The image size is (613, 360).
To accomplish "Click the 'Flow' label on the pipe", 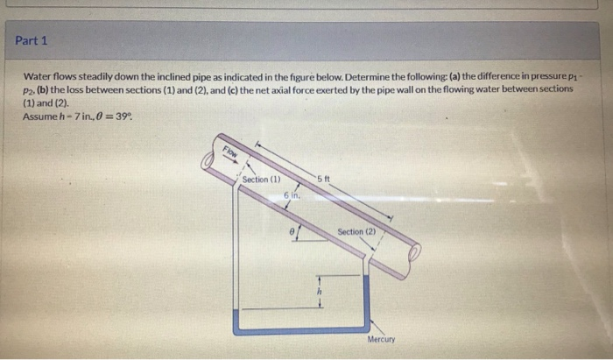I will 231,154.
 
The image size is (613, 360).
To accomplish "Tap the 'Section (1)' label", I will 261,180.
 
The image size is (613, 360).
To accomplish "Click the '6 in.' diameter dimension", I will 292,197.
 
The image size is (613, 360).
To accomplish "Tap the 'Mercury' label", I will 381,339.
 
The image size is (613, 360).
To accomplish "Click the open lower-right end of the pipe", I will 414,254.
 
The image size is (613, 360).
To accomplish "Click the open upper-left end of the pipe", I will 208,159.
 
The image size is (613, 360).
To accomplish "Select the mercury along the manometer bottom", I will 298,329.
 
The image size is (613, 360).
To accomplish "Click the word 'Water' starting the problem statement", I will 38,76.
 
